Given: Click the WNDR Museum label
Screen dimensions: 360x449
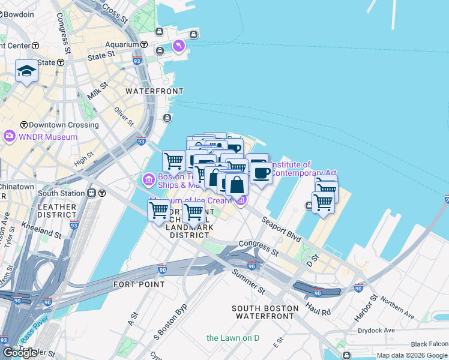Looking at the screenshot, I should click(x=48, y=137).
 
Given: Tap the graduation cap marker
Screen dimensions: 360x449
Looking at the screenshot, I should click(x=26, y=72).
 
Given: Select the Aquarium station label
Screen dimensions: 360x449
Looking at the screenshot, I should click(x=121, y=44).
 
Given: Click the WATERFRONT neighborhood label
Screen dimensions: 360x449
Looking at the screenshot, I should click(x=154, y=91).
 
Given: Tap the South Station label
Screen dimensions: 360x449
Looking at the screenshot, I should click(x=61, y=193).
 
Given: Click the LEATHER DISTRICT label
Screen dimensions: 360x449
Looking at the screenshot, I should click(x=58, y=211).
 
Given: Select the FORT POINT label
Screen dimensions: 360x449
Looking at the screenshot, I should click(x=134, y=284).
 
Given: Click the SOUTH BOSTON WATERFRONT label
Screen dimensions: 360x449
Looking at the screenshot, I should click(x=265, y=312).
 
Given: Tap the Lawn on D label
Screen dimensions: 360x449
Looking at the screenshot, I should click(x=233, y=338).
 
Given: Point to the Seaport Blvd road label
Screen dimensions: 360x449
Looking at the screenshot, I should click(x=281, y=229).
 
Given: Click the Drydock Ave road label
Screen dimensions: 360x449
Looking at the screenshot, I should click(x=376, y=330).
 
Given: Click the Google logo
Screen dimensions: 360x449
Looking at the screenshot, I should click(x=20, y=353).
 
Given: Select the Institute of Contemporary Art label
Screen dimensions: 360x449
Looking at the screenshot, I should click(x=291, y=169).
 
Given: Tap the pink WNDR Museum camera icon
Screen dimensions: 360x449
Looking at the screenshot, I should click(x=9, y=136).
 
